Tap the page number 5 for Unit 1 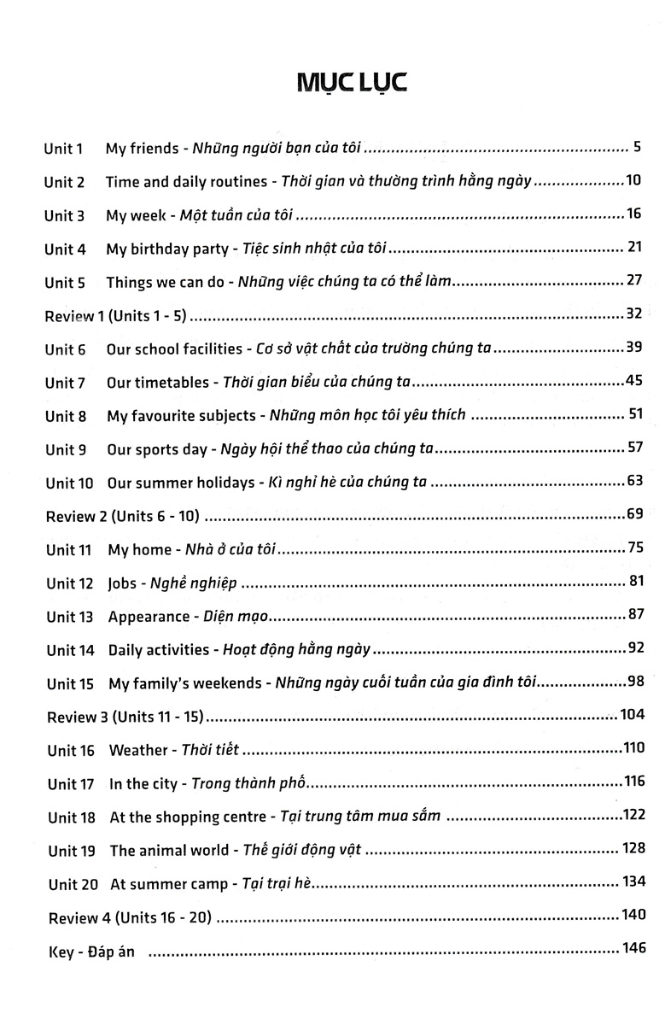(638, 147)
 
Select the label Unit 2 (64, 182)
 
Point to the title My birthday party (166, 249)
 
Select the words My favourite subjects (181, 416)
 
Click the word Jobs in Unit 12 (122, 583)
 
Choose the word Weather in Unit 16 (138, 750)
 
